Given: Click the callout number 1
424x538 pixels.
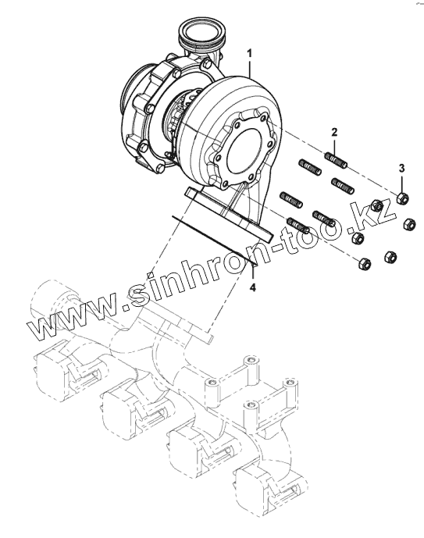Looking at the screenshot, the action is click(249, 54).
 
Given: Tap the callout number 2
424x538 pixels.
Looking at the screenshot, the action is click(334, 132).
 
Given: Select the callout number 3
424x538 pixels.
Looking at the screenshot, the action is click(401, 168).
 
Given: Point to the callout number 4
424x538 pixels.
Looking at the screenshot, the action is click(253, 287).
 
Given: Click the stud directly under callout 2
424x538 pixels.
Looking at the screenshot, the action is click(336, 161).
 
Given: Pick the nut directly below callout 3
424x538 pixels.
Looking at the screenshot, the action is click(402, 198).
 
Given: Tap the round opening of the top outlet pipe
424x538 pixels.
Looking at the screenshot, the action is click(201, 31).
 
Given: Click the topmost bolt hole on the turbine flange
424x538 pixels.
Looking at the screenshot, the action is click(263, 118).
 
